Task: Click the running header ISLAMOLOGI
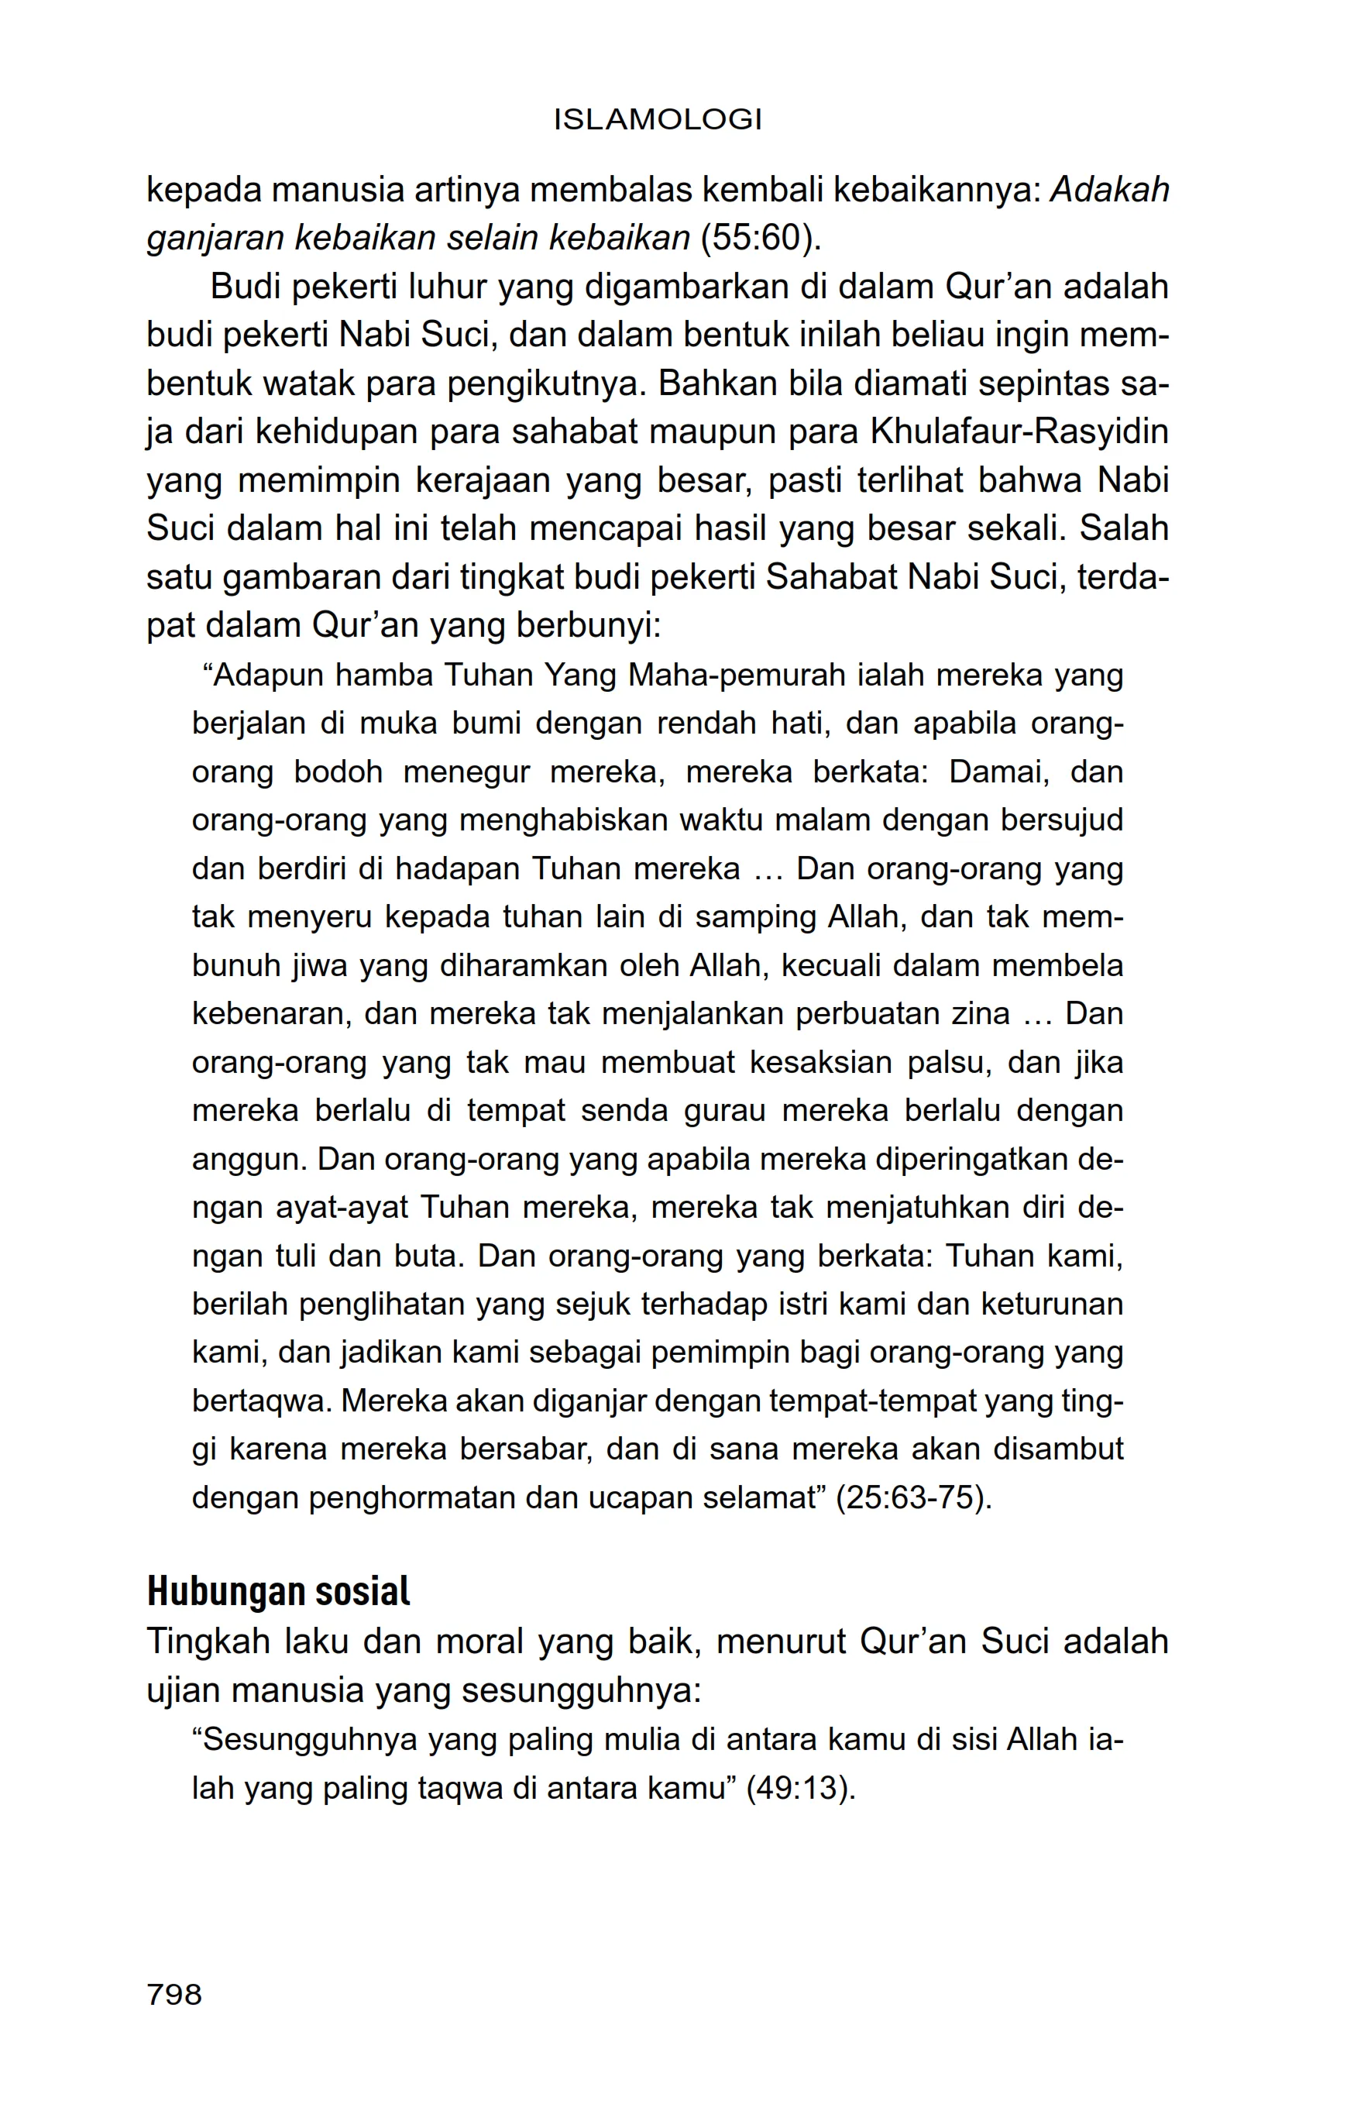(x=658, y=119)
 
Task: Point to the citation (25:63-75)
(x=914, y=1497)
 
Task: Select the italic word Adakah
(x=1109, y=189)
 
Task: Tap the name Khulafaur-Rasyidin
(x=1019, y=431)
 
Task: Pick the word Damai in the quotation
(x=999, y=772)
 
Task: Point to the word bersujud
(x=1063, y=820)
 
